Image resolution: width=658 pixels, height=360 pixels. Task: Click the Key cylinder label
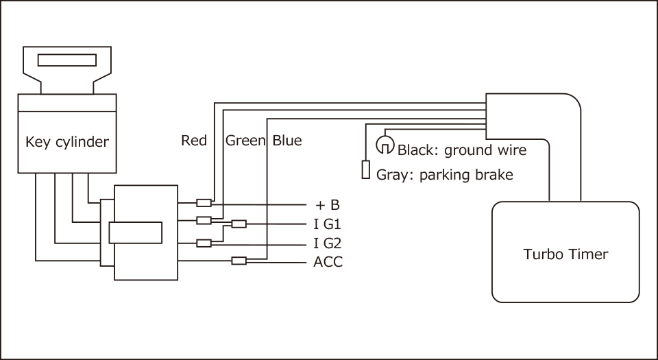pos(67,143)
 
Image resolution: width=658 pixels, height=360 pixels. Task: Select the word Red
pos(194,141)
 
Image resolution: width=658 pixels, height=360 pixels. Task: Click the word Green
pos(245,141)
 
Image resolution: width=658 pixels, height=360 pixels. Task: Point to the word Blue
pos(287,141)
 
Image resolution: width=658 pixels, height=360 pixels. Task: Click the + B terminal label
pos(328,204)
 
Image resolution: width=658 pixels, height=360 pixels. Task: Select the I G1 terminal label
pos(327,224)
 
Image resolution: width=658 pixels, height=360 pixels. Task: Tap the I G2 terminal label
pos(327,243)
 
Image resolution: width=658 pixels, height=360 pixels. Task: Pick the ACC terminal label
pos(328,261)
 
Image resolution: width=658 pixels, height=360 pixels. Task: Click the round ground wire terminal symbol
pos(385,145)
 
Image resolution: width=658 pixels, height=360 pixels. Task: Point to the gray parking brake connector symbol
pos(365,170)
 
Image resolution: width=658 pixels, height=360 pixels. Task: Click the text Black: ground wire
pos(462,150)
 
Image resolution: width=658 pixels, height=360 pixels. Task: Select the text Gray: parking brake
pos(445,175)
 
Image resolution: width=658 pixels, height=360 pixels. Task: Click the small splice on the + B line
pos(204,202)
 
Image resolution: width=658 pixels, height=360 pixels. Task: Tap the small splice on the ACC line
pos(239,261)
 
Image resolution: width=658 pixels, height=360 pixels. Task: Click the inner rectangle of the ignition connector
pos(135,232)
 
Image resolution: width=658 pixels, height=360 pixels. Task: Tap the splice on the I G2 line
pos(204,243)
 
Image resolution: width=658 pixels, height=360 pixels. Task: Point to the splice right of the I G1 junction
pos(239,224)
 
